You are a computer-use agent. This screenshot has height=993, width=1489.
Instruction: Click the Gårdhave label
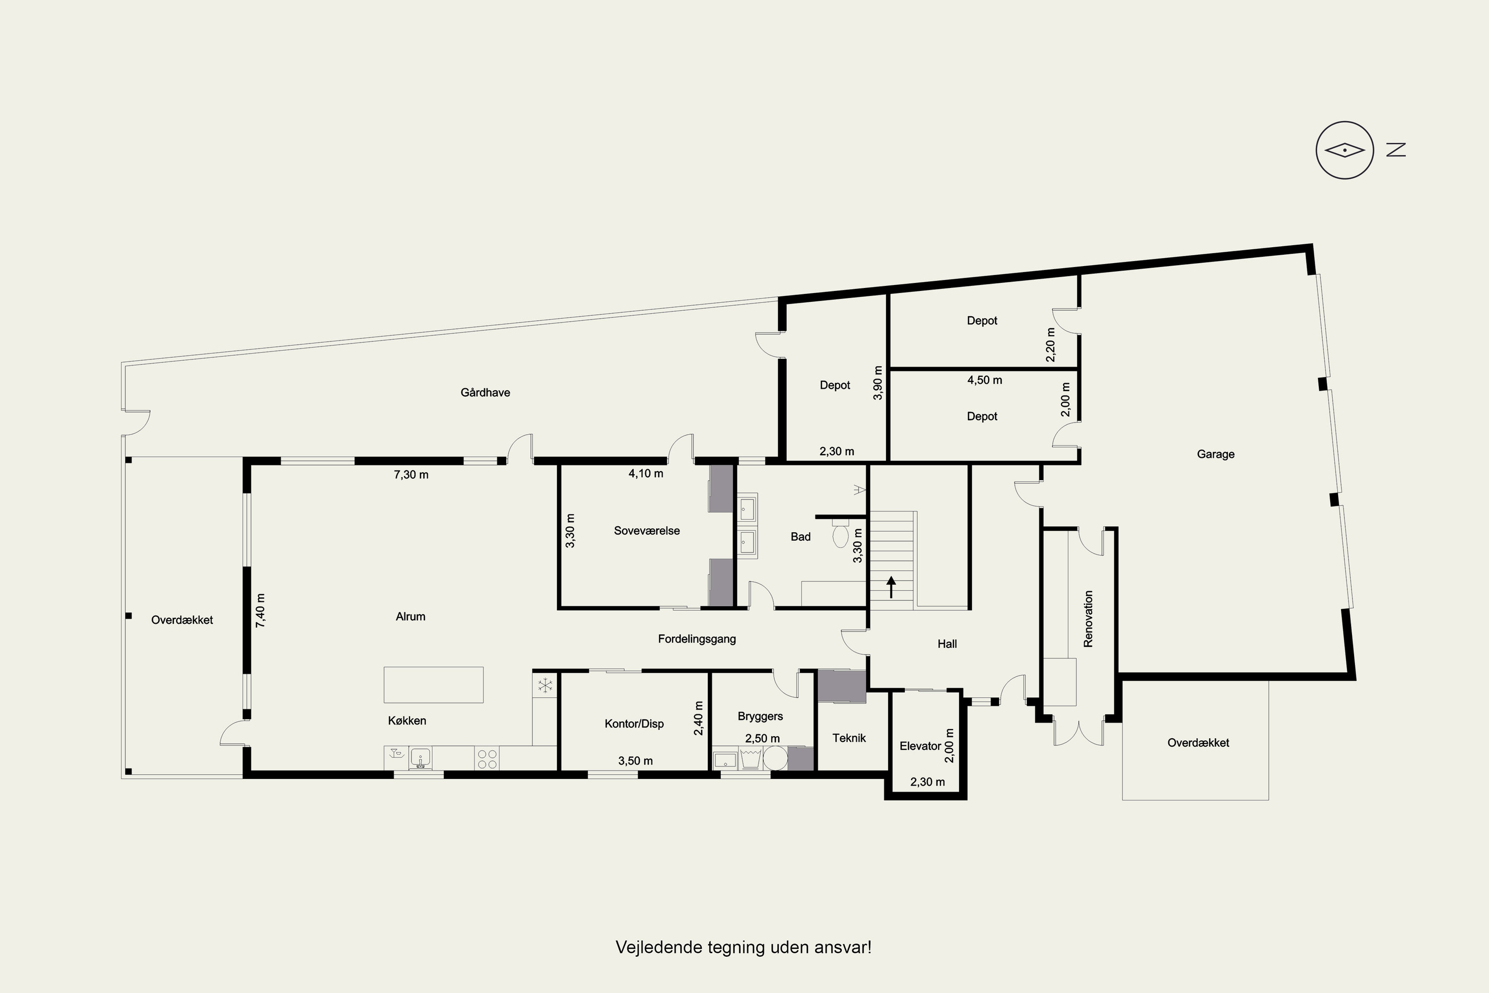pos(485,393)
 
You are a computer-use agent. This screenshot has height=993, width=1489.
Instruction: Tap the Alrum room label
pos(410,616)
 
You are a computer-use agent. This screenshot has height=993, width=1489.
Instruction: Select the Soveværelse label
pos(646,531)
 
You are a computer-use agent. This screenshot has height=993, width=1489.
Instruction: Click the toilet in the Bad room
pos(841,533)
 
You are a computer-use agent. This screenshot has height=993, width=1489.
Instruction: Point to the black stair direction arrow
pos(891,587)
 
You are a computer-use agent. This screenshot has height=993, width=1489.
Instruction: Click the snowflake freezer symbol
pos(544,685)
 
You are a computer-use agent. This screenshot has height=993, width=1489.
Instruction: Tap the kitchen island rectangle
pos(434,685)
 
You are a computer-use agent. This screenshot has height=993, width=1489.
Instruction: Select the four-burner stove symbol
pos(487,759)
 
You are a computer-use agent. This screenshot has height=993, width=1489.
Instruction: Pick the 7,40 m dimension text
pos(260,611)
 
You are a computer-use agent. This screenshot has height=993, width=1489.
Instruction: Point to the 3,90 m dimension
pos(878,383)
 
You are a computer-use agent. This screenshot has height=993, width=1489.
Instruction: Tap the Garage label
pos(1216,454)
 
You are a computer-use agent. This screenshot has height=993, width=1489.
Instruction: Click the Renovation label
pos(1088,619)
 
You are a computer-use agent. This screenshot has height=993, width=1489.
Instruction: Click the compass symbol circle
pos(1345,150)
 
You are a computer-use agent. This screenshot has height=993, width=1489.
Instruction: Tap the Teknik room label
pos(849,738)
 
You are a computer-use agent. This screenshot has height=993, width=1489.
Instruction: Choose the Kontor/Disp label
pos(634,723)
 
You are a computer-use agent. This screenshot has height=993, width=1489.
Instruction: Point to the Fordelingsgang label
pos(697,639)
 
